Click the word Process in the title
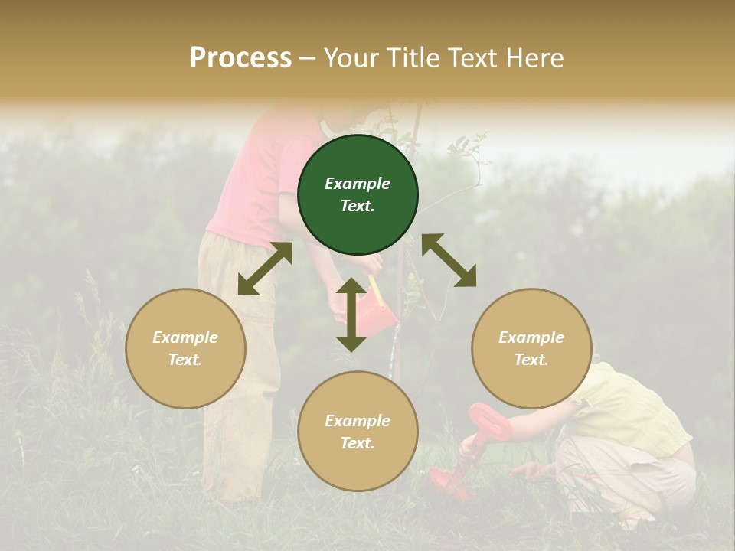click(x=240, y=58)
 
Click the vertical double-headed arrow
click(x=351, y=315)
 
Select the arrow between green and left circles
click(x=265, y=269)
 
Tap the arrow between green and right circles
click(x=449, y=260)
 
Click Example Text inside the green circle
click(x=358, y=194)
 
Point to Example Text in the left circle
click(x=185, y=348)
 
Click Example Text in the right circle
click(x=531, y=348)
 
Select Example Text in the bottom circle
click(x=358, y=432)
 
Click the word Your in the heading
click(x=351, y=58)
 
